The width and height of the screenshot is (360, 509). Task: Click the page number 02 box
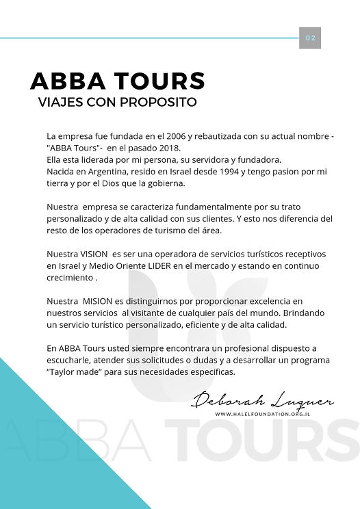[310, 38]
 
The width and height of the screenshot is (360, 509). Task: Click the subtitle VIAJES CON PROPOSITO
[118, 103]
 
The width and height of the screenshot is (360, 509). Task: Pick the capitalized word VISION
[94, 254]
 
